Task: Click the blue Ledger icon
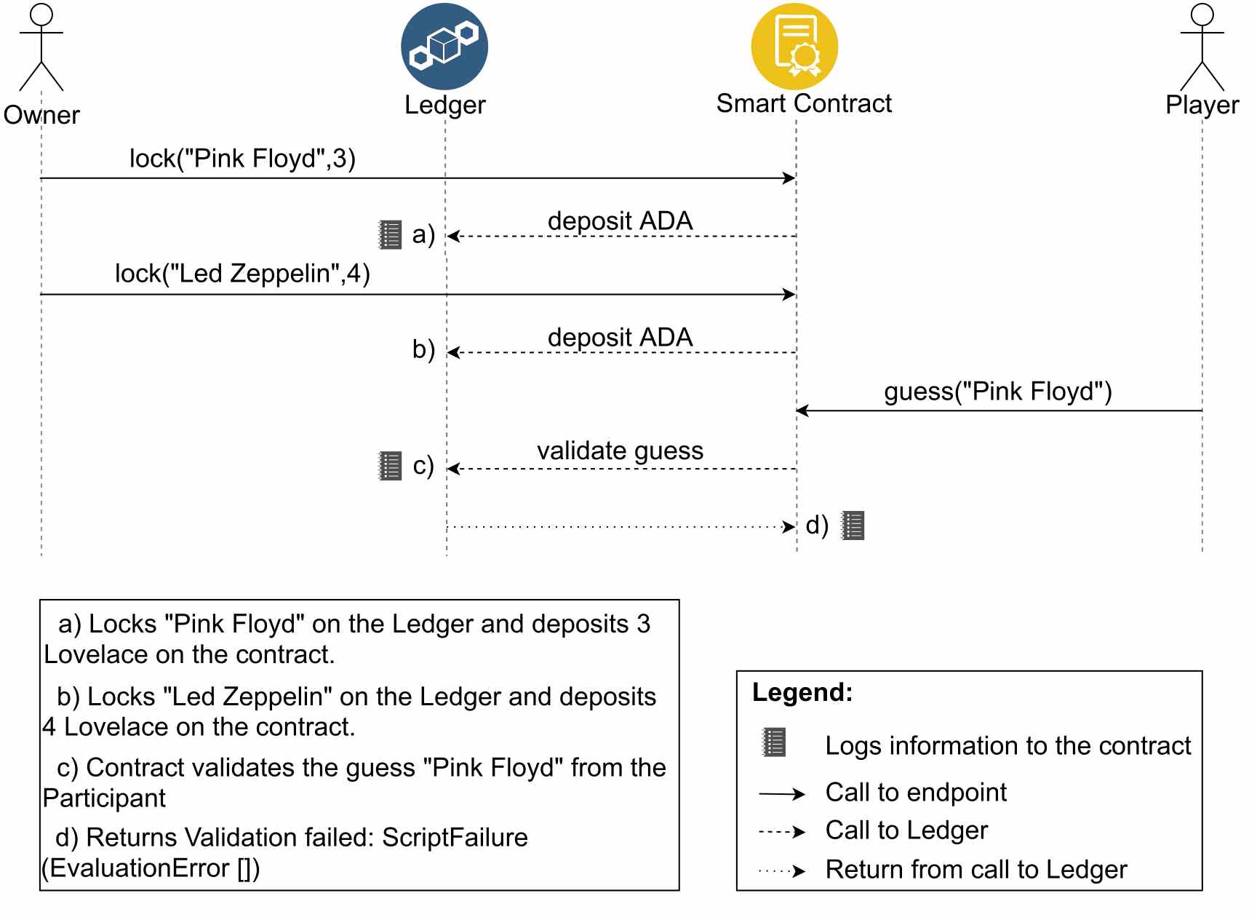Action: click(x=444, y=46)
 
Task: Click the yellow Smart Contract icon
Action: click(x=794, y=46)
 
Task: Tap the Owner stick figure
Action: click(x=41, y=47)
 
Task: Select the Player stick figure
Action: click(x=1202, y=47)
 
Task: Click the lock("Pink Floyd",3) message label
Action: click(x=242, y=158)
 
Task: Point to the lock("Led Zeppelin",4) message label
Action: click(x=242, y=274)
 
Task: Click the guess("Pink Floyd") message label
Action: click(x=998, y=392)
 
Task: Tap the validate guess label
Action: click(x=620, y=451)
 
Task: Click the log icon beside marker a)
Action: click(x=391, y=235)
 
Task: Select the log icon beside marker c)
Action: click(x=391, y=466)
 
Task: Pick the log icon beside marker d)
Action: click(x=853, y=526)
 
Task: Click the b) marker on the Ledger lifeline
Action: click(x=423, y=349)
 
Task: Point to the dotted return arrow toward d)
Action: click(x=621, y=526)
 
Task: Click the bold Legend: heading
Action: click(x=802, y=692)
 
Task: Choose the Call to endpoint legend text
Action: click(x=916, y=792)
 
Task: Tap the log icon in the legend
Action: click(x=773, y=742)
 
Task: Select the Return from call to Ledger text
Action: click(x=976, y=869)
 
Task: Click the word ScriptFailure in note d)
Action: click(x=455, y=838)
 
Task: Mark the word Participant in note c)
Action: click(x=104, y=798)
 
